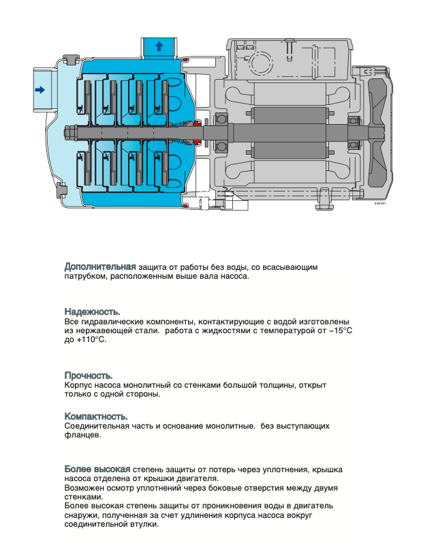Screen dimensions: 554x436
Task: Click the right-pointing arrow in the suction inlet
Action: tap(40, 89)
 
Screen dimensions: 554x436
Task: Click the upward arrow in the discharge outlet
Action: tap(159, 46)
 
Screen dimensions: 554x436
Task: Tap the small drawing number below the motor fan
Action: tap(379, 203)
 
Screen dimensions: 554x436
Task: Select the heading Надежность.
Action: tap(92, 311)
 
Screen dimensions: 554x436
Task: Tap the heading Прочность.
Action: tap(89, 375)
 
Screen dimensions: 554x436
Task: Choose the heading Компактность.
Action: tap(96, 416)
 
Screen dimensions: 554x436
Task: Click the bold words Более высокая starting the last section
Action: tap(97, 470)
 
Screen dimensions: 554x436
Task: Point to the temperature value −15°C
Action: tap(339, 330)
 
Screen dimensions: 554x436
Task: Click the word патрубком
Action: tap(87, 276)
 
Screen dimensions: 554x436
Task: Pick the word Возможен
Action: tap(84, 489)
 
